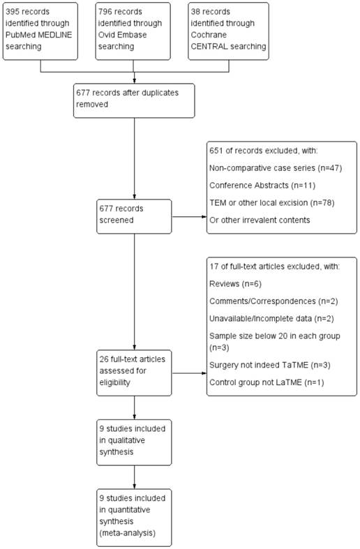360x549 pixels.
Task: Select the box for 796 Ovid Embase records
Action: pos(134,31)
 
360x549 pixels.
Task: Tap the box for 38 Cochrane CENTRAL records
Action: pos(227,31)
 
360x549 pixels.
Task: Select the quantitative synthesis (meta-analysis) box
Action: pos(134,517)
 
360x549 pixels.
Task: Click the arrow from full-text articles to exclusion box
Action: pos(188,373)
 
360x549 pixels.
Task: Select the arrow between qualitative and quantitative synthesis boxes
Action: pos(134,478)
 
